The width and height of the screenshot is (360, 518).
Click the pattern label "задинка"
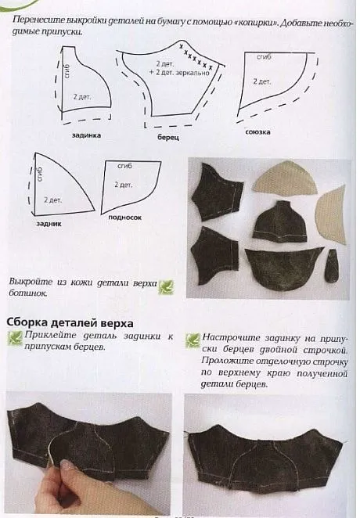(x=86, y=135)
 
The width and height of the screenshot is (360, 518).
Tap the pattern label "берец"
(x=167, y=137)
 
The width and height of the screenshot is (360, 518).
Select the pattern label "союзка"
(x=257, y=132)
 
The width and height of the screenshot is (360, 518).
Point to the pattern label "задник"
(x=49, y=223)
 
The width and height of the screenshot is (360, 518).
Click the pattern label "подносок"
(x=125, y=218)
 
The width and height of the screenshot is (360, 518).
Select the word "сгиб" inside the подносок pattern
(x=124, y=167)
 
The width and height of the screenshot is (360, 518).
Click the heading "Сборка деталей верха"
(x=70, y=322)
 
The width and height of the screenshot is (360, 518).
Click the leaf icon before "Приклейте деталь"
(x=13, y=337)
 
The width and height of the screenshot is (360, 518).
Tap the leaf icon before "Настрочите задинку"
(x=192, y=338)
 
